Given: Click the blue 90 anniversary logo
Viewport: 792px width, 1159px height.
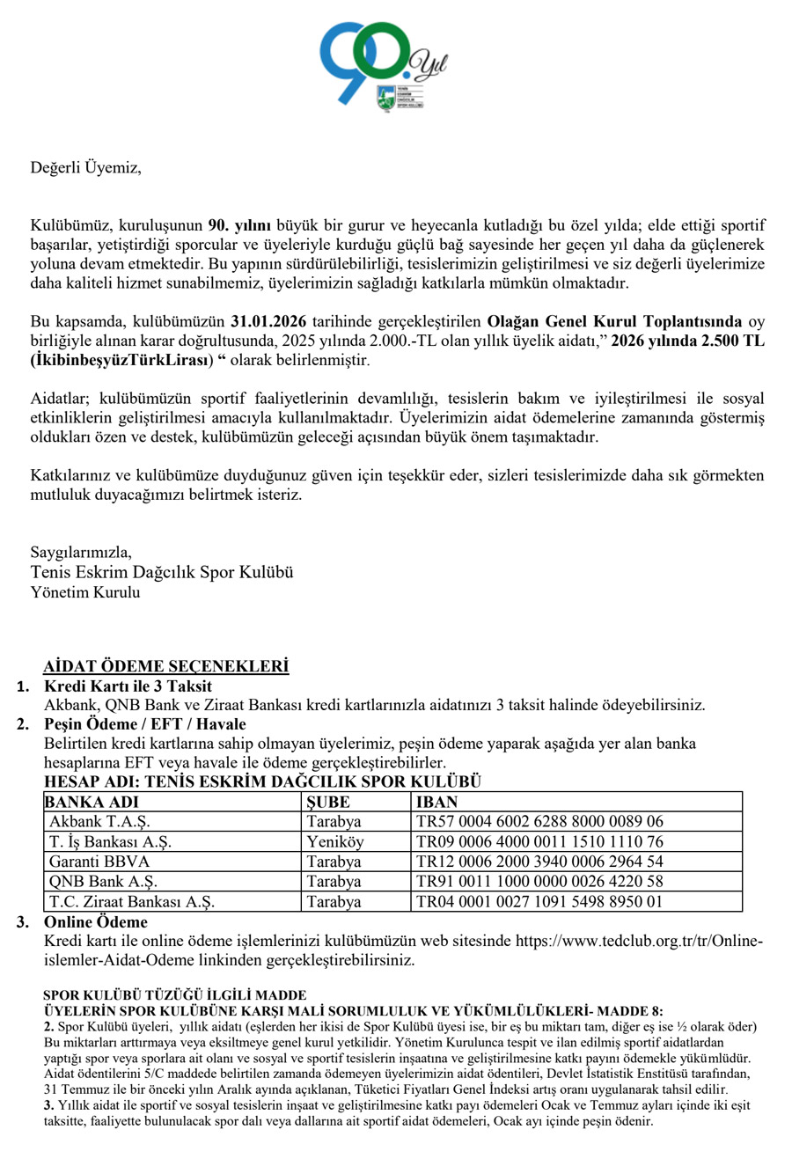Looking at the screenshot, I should coord(370,62).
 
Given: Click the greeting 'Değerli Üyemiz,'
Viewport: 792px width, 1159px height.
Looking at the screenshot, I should coord(85,167).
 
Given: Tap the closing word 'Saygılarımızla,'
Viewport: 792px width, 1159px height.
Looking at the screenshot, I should coord(81,553).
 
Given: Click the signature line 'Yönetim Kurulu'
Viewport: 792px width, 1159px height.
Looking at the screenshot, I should coord(85,592).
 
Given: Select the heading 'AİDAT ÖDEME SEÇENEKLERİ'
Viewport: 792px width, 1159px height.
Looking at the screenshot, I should coord(166,667).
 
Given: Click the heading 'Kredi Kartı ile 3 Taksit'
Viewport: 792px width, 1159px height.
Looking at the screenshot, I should coord(128,686).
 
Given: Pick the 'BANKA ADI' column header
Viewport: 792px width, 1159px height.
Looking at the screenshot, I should coord(92,802).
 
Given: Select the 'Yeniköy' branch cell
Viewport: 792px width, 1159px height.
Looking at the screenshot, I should coord(334,842).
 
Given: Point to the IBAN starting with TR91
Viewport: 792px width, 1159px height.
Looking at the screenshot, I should coord(539,882).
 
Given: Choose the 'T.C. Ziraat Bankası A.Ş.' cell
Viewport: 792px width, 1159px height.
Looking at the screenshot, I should coord(132,902).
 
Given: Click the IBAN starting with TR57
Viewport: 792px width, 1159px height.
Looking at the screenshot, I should coord(539,822).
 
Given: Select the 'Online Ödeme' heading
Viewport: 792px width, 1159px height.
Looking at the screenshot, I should coord(96,922).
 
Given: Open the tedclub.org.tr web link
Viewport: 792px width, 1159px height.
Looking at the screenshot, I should coord(638,942).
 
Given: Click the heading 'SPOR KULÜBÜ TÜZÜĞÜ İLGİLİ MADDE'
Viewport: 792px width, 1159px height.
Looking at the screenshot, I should coord(174,995).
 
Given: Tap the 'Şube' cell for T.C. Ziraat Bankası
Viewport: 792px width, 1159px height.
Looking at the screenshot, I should coord(334,902).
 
